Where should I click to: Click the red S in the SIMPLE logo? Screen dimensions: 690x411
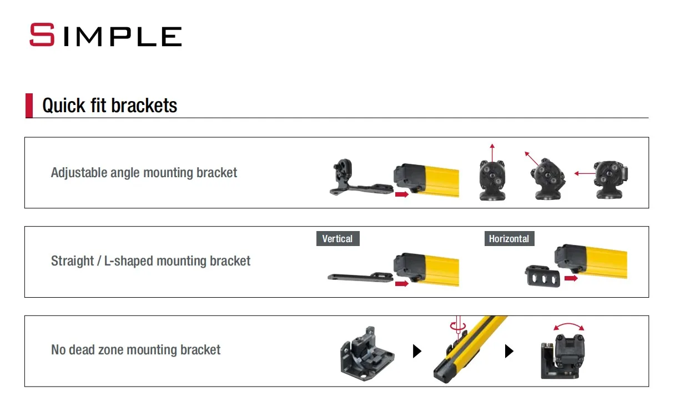click(x=42, y=34)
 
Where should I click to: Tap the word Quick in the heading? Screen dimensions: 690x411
click(x=64, y=106)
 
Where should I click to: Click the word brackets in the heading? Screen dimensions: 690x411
click(x=144, y=106)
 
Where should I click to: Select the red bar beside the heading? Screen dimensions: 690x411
click(x=29, y=106)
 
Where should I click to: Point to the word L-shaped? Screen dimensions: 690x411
click(x=128, y=261)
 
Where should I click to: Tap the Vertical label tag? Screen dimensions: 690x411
click(x=338, y=238)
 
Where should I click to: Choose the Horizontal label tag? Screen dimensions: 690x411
click(x=509, y=238)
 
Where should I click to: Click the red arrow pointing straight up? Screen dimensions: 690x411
click(x=492, y=153)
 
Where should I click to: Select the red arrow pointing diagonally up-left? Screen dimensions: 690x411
click(x=532, y=159)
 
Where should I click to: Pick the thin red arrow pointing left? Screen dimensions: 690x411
click(x=585, y=173)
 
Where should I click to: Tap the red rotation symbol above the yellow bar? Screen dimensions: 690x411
click(x=458, y=325)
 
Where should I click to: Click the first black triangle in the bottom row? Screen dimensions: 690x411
click(x=417, y=351)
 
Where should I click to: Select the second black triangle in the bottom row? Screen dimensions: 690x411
click(x=509, y=351)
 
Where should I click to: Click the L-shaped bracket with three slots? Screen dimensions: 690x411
click(x=542, y=277)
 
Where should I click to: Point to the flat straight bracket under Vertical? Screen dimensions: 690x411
click(x=360, y=277)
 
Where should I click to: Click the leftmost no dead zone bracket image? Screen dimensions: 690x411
click(x=367, y=354)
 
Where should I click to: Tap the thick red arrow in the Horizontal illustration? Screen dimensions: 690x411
click(x=571, y=278)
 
